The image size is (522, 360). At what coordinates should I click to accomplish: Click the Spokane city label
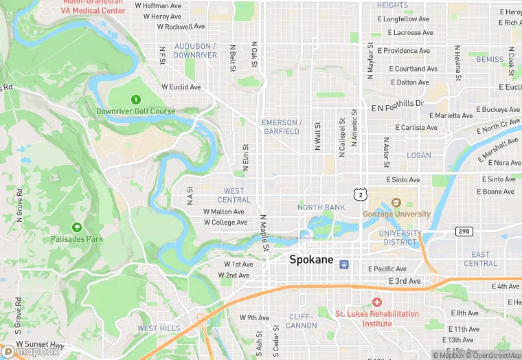(x=311, y=260)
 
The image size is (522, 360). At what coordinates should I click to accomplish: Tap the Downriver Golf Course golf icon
(x=135, y=100)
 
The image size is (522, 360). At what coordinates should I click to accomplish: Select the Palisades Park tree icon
(x=76, y=227)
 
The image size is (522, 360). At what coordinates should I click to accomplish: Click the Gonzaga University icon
(x=396, y=203)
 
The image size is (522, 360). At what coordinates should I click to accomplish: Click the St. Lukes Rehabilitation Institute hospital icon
(x=376, y=302)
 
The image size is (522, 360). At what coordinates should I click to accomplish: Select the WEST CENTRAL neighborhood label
(x=234, y=195)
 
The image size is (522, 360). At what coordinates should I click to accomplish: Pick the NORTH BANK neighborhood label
(x=321, y=207)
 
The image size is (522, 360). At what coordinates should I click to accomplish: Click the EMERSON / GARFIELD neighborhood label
(x=281, y=127)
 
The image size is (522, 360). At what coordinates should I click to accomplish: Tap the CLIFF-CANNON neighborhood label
(x=301, y=321)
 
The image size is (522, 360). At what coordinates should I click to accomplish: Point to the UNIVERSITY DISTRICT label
(x=400, y=238)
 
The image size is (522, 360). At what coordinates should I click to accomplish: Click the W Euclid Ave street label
(x=181, y=87)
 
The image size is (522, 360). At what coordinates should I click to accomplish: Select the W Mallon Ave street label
(x=224, y=212)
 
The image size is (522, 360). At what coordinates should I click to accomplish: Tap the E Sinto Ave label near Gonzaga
(x=402, y=179)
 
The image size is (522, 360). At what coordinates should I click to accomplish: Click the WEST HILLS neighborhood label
(x=159, y=328)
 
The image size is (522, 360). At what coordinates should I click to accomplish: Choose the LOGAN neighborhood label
(x=419, y=155)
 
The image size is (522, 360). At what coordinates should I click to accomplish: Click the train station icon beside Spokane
(x=345, y=264)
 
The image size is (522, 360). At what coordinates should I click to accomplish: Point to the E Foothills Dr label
(x=398, y=106)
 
